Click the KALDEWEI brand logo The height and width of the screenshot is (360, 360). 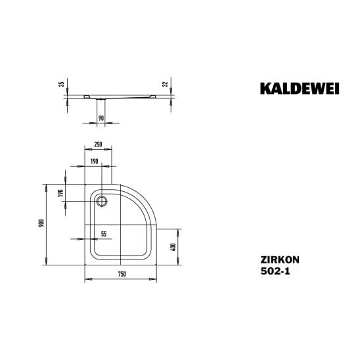(300, 89)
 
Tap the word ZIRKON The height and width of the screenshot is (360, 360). (280, 260)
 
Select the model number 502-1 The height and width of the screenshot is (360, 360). (275, 271)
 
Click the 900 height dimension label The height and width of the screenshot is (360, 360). (41, 223)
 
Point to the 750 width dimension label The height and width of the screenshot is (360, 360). (122, 274)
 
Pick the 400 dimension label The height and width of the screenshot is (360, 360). (173, 247)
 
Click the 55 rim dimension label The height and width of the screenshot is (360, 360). (104, 234)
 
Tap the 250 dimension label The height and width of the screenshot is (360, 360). (98, 145)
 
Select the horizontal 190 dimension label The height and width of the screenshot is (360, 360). (94, 162)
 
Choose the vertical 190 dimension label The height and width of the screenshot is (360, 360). (60, 193)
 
